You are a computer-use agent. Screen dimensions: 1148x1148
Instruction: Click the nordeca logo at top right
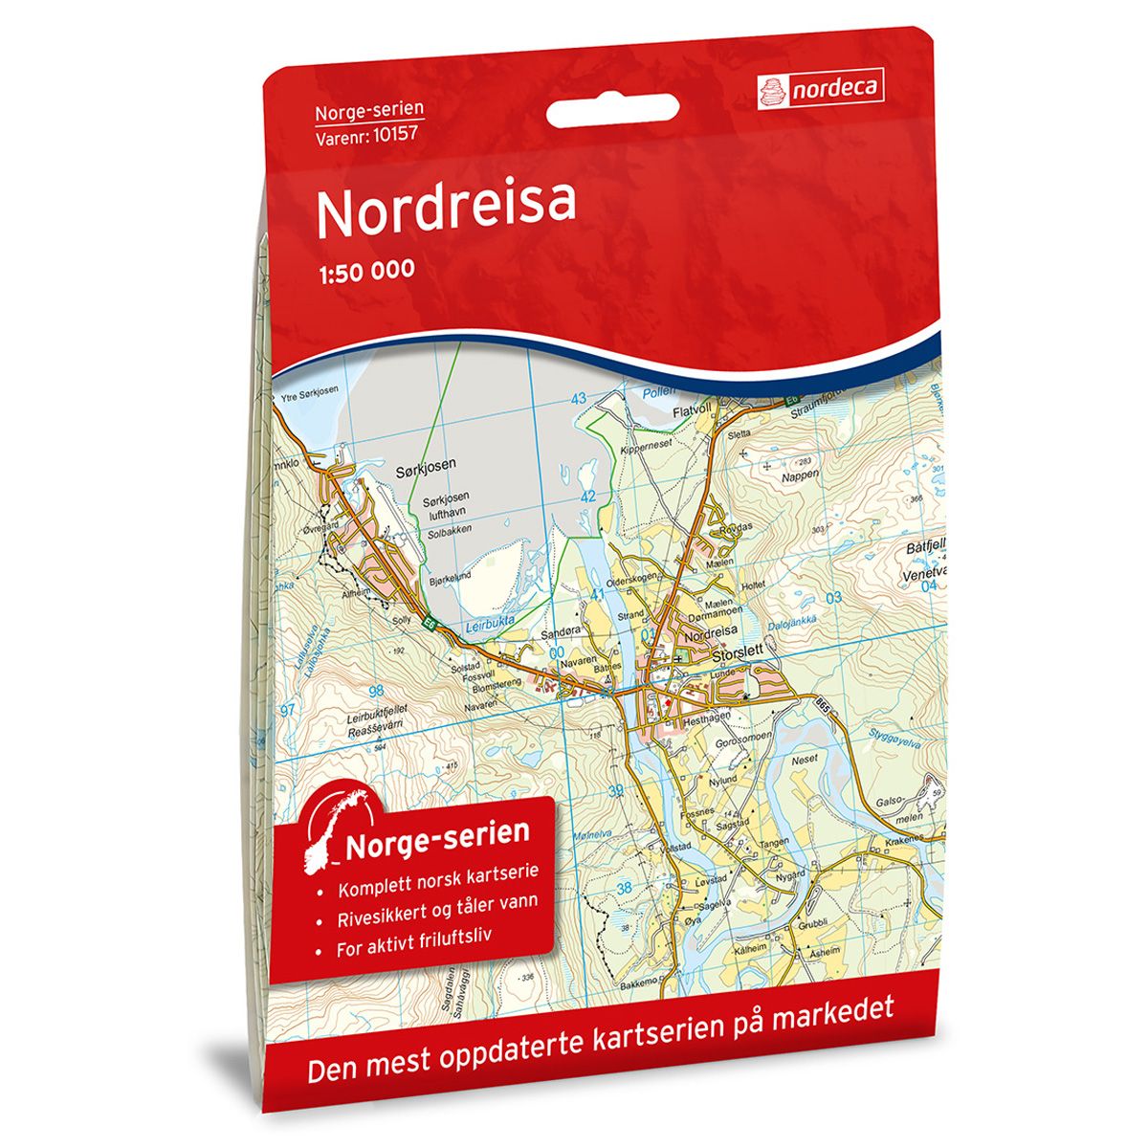[820, 90]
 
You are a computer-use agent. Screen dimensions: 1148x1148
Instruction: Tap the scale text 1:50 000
[365, 271]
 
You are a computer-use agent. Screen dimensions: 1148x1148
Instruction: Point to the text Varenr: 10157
[369, 136]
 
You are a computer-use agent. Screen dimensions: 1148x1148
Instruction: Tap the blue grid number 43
[578, 398]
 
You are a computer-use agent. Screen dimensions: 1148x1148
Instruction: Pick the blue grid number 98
[375, 691]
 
